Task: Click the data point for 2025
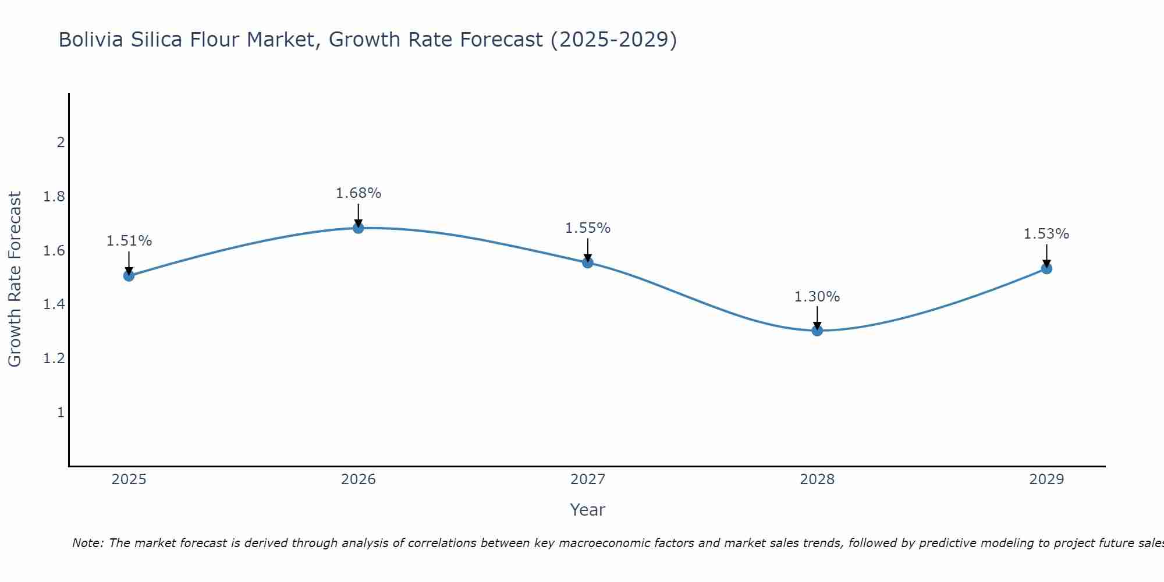point(129,276)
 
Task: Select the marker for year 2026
point(359,228)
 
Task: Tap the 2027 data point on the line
point(588,262)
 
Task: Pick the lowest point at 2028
point(817,331)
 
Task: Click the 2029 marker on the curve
point(1046,268)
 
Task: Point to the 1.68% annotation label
point(359,193)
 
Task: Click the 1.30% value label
point(817,297)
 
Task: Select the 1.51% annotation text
point(129,241)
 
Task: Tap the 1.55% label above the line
point(588,228)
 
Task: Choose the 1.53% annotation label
point(1046,234)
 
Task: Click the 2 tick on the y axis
point(61,143)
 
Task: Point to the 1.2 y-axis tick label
point(54,359)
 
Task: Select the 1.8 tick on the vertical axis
point(54,197)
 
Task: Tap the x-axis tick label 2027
point(588,480)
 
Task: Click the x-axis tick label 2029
point(1046,480)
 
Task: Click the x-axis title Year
point(588,510)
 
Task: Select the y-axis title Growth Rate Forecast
point(15,279)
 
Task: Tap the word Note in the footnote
point(87,543)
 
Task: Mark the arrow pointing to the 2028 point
point(817,318)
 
